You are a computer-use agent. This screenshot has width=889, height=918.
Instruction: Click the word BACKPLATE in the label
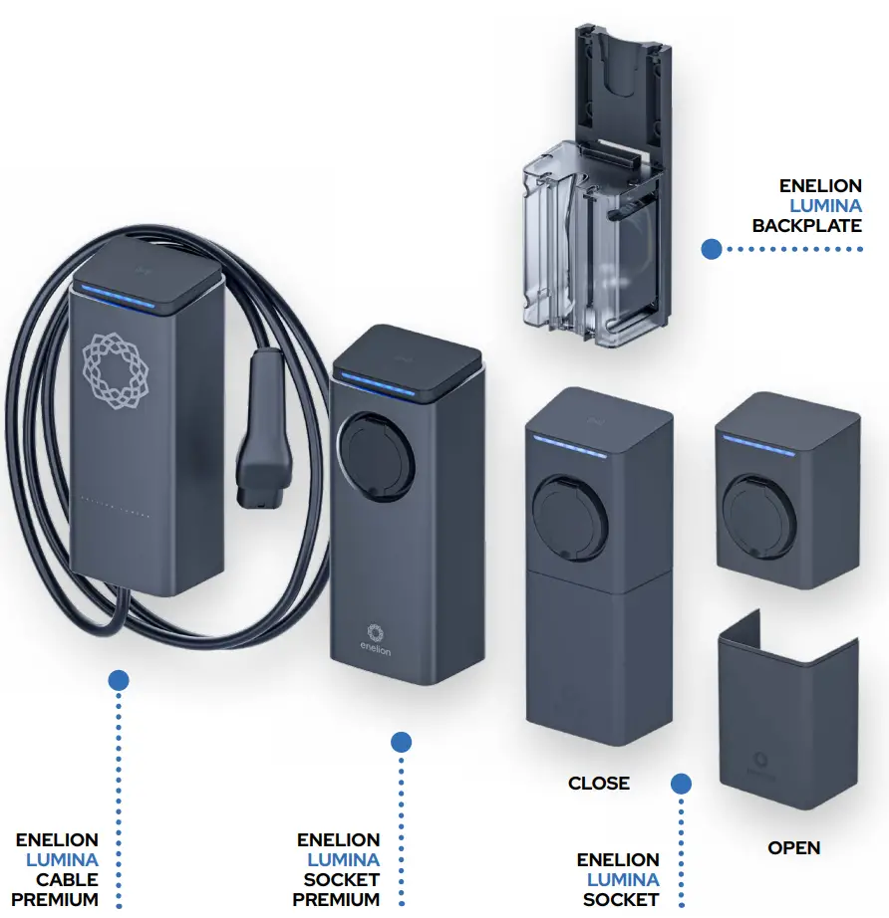click(806, 226)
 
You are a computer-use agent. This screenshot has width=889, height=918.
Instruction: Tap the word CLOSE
click(599, 784)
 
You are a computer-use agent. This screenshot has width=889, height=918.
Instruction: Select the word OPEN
click(793, 848)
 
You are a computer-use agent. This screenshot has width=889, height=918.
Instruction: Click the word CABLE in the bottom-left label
click(67, 880)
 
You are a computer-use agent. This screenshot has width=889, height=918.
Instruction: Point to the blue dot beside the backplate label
click(711, 249)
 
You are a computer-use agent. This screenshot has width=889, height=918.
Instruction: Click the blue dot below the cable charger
click(119, 680)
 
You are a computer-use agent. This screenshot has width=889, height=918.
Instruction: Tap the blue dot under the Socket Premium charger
click(401, 742)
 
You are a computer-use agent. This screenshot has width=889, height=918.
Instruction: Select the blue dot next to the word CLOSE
click(681, 784)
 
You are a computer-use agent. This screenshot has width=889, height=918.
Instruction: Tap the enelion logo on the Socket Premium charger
click(376, 637)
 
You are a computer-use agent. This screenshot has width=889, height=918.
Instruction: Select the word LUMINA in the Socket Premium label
click(343, 860)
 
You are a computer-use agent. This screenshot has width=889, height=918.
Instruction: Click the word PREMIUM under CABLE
click(55, 900)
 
